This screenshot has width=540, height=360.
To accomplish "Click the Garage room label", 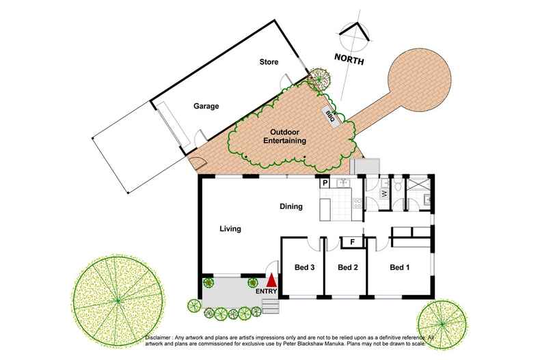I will tap(205, 107).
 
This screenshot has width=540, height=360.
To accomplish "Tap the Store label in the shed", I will tap(270, 62).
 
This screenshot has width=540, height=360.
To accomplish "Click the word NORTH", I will tap(349, 60).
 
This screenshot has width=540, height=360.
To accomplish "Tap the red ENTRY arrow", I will tap(271, 279).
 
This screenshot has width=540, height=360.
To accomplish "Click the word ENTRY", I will tap(266, 292).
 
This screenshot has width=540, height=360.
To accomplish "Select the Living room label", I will tap(231, 230).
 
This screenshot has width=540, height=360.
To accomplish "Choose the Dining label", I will tap(292, 206).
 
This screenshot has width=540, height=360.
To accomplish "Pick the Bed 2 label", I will tap(348, 267).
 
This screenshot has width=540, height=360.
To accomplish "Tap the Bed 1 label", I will tap(399, 267).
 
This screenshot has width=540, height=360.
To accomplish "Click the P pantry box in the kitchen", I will tap(325, 183).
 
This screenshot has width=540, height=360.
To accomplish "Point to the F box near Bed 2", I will tap(352, 242).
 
